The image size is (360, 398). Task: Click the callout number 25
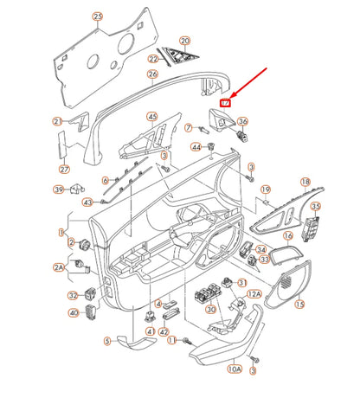[97, 17]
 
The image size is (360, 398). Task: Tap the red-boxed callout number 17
[226, 102]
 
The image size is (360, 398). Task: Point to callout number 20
[184, 41]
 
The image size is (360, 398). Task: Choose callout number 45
[152, 117]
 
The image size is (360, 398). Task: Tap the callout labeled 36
[242, 122]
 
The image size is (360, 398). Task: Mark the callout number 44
[196, 147]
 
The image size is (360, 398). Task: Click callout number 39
[59, 189]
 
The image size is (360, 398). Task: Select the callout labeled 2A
[61, 269]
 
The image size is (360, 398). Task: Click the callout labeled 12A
[254, 294]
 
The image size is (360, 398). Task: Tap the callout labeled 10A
[235, 369]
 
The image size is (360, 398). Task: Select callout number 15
[300, 305]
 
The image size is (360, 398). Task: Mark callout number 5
[107, 340]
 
